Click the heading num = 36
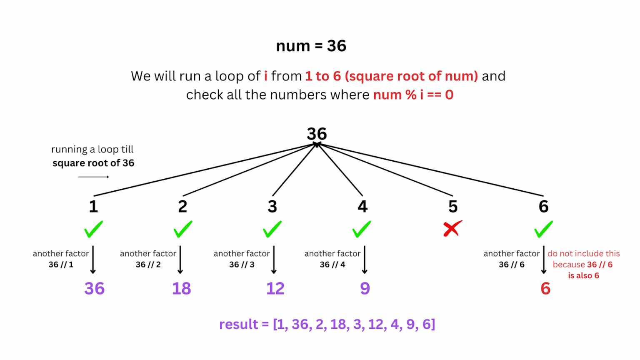click(311, 46)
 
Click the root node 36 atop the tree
click(317, 134)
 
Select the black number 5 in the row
click(453, 206)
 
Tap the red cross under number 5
click(452, 229)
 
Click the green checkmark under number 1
click(93, 229)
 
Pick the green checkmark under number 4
click(362, 229)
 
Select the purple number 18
click(182, 288)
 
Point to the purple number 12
click(275, 288)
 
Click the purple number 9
click(365, 288)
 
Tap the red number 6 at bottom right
click(545, 288)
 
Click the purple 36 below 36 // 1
click(94, 288)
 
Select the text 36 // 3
click(242, 265)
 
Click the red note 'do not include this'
click(583, 253)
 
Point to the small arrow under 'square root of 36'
click(93, 177)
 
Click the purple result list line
click(327, 324)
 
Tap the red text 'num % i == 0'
click(413, 95)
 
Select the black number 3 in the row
click(272, 206)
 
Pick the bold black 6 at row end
click(543, 206)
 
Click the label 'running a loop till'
click(92, 149)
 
